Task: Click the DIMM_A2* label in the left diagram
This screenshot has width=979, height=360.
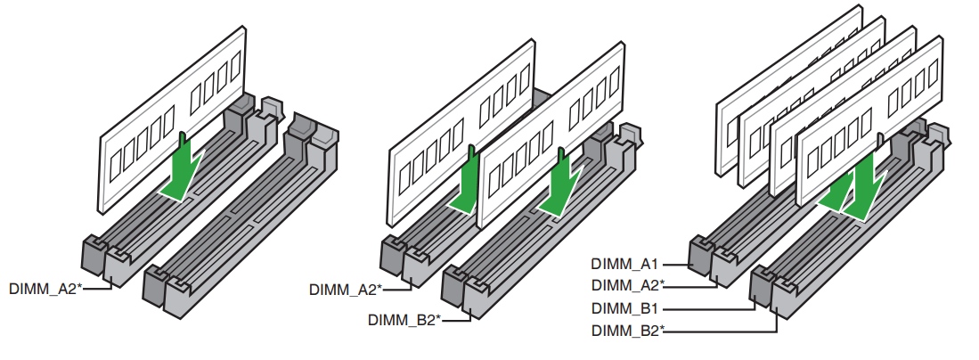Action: [x=45, y=289]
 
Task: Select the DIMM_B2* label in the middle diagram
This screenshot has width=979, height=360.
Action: [x=404, y=319]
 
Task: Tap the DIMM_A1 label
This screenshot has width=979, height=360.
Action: [x=624, y=264]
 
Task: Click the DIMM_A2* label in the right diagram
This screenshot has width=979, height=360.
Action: [x=627, y=285]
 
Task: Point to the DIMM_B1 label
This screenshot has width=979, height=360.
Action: [x=624, y=308]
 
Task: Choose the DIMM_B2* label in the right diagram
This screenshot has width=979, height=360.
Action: [x=627, y=331]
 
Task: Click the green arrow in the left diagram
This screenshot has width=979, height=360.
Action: [x=184, y=169]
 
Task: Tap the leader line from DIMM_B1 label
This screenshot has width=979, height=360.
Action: [x=713, y=308]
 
